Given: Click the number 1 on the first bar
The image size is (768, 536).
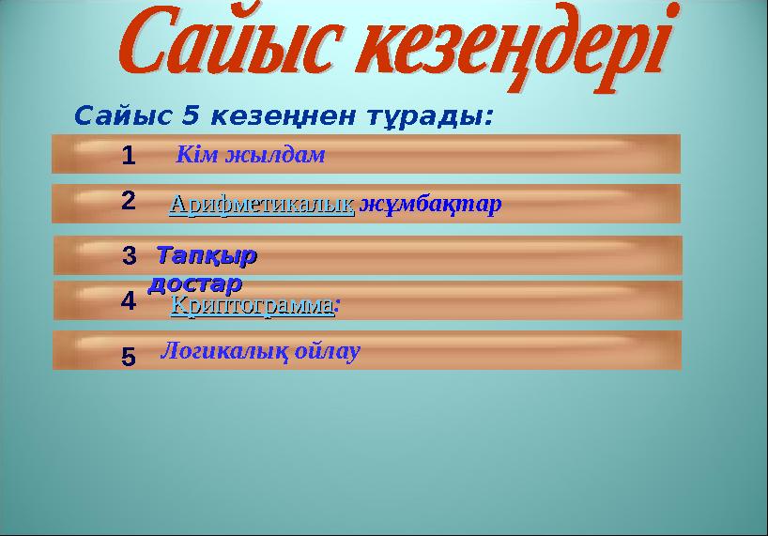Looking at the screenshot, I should [128, 155].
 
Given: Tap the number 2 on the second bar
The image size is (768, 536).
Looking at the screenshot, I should [129, 200].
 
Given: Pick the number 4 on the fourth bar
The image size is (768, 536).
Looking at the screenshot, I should [129, 301].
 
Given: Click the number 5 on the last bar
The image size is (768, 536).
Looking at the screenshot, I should [129, 357].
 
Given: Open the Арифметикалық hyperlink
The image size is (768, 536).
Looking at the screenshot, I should [261, 204].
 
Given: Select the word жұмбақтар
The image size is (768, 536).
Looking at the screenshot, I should [431, 204].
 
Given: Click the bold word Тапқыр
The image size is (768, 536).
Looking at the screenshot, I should [207, 254].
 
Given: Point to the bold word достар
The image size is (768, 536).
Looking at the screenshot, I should [195, 281].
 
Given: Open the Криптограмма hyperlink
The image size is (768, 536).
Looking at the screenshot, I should [252, 305].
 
